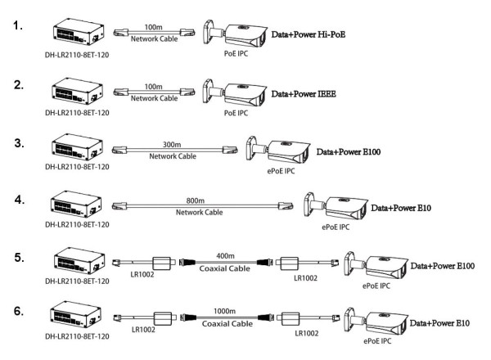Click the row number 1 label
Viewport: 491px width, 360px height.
tap(17, 28)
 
